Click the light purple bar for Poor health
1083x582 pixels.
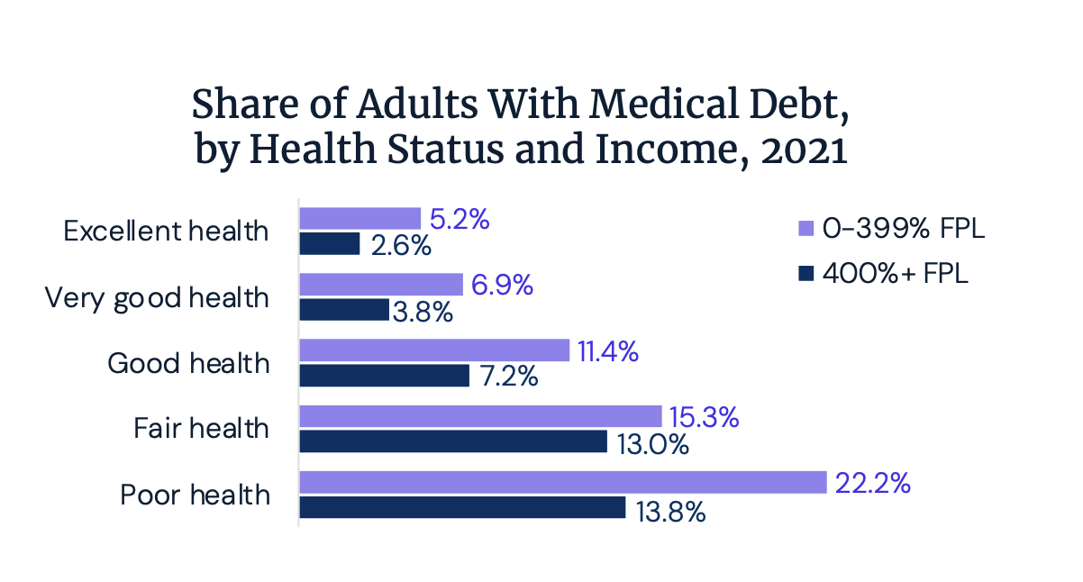(562, 482)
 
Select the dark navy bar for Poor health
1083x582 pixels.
(462, 508)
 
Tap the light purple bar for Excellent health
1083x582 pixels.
(359, 218)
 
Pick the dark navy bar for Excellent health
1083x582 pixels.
(330, 244)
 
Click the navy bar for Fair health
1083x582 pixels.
(453, 441)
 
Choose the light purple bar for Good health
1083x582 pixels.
(434, 350)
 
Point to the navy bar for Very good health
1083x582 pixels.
(344, 310)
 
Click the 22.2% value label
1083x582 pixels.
(872, 483)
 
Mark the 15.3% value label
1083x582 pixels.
(703, 417)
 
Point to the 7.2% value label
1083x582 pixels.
(505, 377)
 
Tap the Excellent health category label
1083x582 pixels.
(167, 231)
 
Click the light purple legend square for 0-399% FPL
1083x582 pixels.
(805, 229)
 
